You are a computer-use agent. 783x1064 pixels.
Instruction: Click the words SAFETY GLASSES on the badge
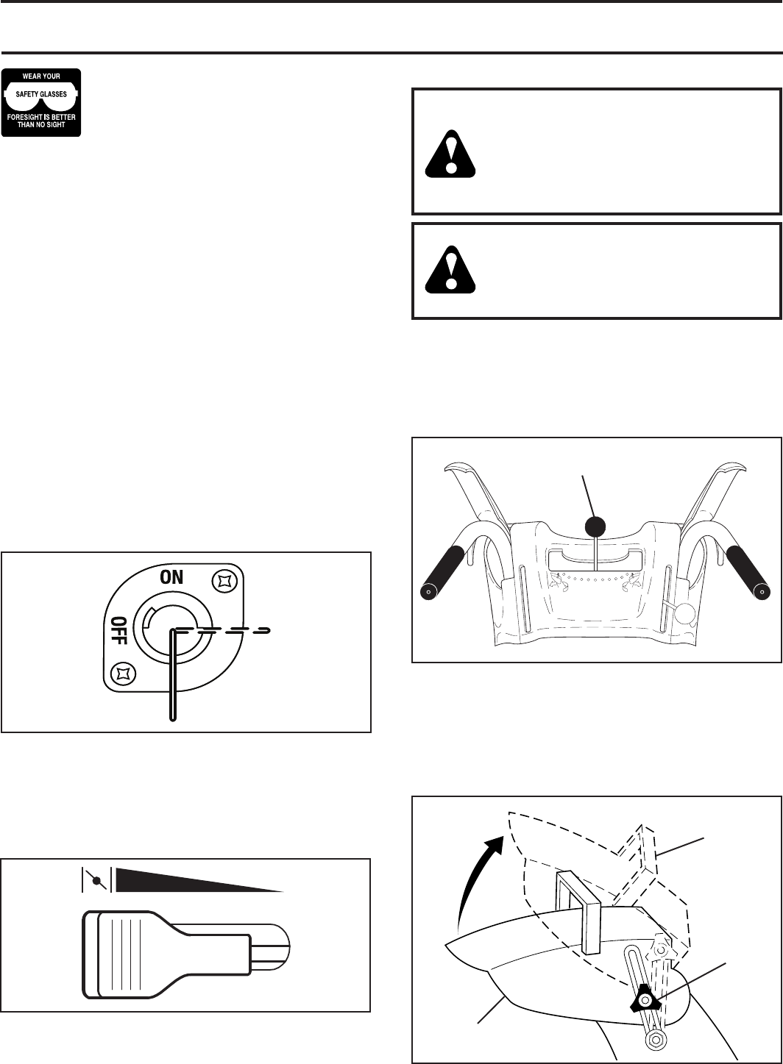41,95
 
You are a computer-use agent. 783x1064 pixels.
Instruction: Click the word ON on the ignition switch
172,577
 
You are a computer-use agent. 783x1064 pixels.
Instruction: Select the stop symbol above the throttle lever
96,878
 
